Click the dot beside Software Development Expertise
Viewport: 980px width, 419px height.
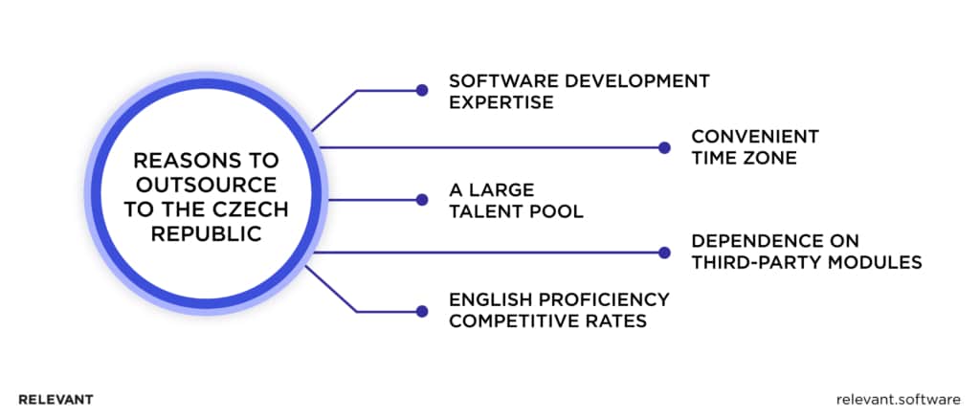click(x=421, y=91)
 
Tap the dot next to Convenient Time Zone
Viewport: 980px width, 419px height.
click(x=664, y=147)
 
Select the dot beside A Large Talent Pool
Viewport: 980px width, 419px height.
click(x=421, y=200)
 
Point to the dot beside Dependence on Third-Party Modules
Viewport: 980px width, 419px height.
click(x=664, y=253)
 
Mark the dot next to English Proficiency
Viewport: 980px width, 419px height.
click(x=421, y=311)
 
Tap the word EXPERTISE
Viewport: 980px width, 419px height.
click(x=501, y=102)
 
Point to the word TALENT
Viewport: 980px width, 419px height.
click(x=484, y=210)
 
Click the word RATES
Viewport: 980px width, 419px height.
click(x=616, y=321)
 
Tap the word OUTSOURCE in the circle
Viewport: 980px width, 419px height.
click(x=203, y=185)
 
